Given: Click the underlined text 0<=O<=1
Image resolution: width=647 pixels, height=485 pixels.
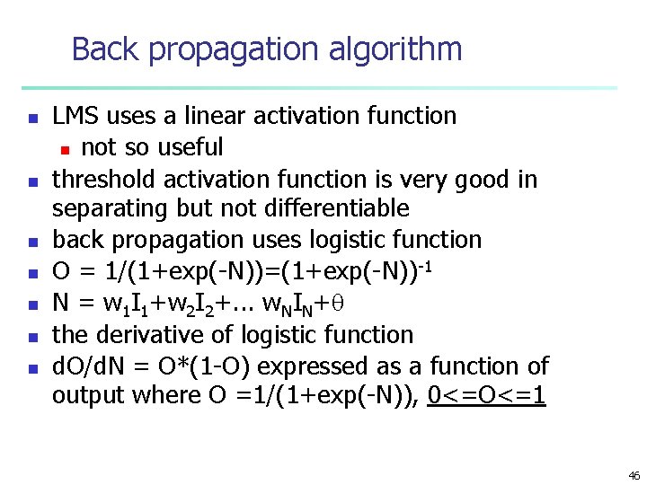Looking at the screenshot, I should tap(487, 396).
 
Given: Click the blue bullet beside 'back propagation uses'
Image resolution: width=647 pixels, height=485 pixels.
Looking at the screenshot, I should tap(32, 242).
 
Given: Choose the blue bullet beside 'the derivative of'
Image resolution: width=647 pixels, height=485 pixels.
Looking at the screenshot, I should tap(32, 337).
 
